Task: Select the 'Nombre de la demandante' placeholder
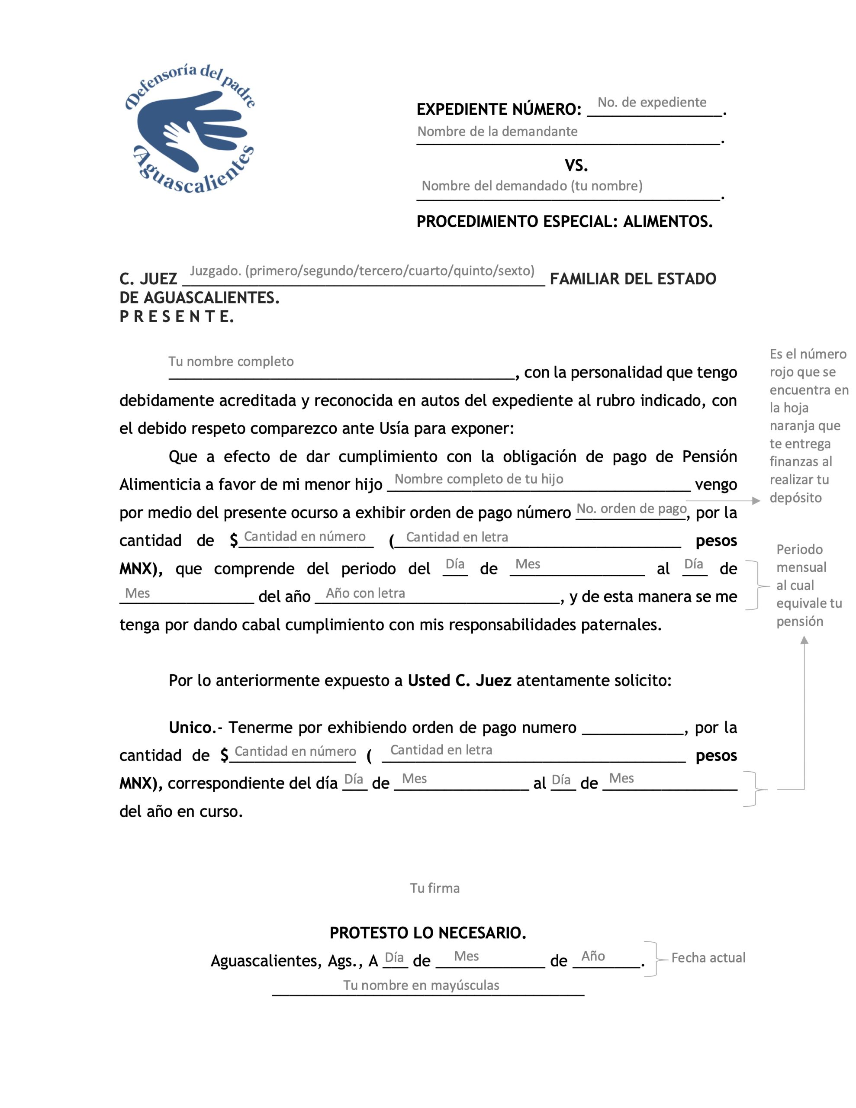pyautogui.click(x=497, y=132)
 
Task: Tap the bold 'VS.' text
pyautogui.click(x=576, y=165)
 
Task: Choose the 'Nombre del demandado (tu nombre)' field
pyautogui.click(x=532, y=186)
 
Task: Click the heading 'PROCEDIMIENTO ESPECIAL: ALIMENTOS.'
pyautogui.click(x=564, y=222)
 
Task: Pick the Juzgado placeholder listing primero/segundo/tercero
pyautogui.click(x=362, y=271)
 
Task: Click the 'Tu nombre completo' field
pyautogui.click(x=231, y=362)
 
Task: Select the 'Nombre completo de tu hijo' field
pyautogui.click(x=479, y=480)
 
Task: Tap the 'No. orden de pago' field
pyautogui.click(x=631, y=509)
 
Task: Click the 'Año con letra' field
pyautogui.click(x=365, y=593)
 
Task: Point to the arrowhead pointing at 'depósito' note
pyautogui.click(x=756, y=501)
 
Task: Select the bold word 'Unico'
pyautogui.click(x=190, y=728)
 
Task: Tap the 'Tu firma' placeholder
pyautogui.click(x=435, y=888)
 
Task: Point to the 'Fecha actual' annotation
pyautogui.click(x=708, y=958)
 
